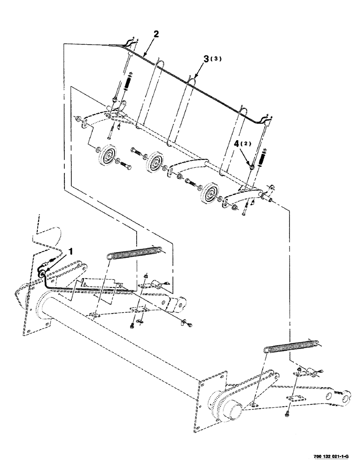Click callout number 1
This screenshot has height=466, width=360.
pos(70,252)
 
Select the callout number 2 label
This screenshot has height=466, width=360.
pos(156,34)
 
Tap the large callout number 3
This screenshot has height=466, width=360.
pos(205,59)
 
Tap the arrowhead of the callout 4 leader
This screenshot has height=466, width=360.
pos(252,166)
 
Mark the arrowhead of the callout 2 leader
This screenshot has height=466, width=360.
pos(143,56)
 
